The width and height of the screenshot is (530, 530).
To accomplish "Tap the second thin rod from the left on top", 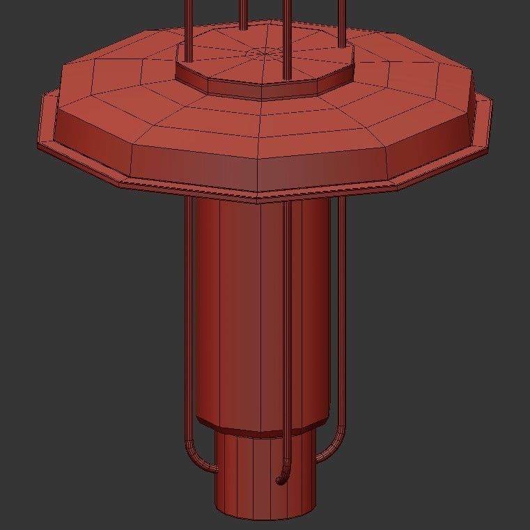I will point(242,14).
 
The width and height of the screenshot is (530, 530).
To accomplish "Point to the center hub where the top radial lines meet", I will point(265,52).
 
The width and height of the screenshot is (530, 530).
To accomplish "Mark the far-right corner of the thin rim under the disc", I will point(490,148).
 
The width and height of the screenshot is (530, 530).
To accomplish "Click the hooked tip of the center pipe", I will point(280,480).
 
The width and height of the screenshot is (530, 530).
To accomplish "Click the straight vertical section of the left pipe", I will point(188,313).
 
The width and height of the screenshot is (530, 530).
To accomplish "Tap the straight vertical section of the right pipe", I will point(342,313).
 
